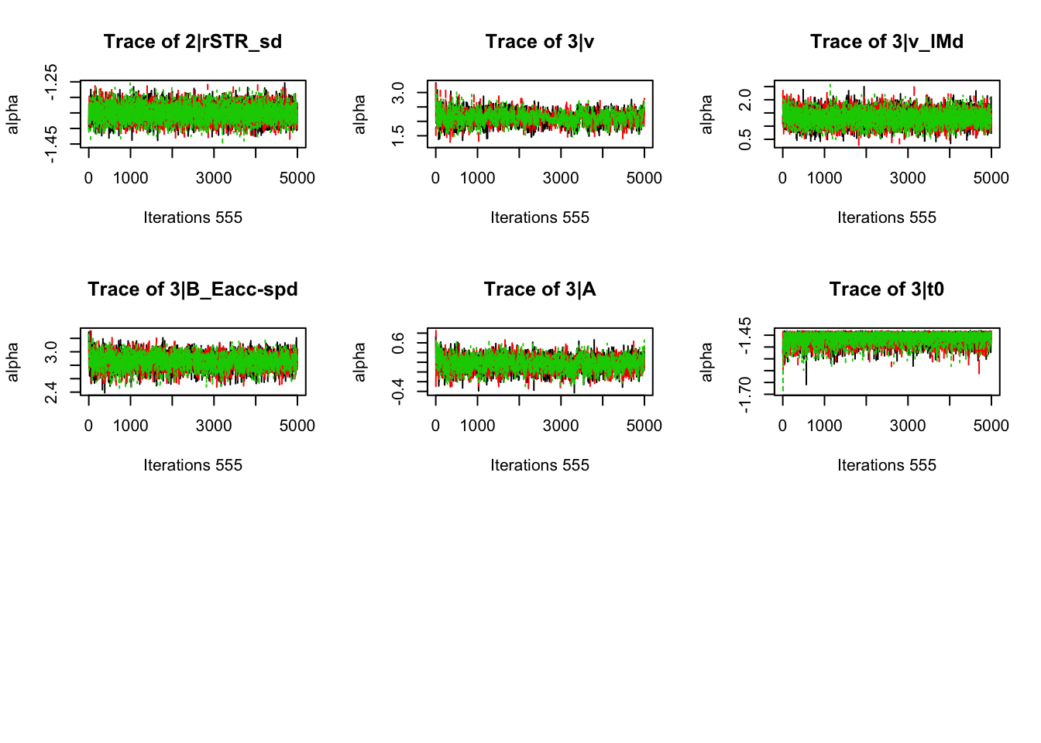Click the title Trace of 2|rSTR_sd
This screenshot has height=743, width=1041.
coord(193,42)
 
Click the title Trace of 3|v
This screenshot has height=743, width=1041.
coord(540,42)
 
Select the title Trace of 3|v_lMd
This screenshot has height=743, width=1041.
coord(887,42)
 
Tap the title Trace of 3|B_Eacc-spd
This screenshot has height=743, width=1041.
coord(193,289)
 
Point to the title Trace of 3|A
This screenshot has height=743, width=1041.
coord(540,289)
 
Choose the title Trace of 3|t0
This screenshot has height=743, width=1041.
coord(887,289)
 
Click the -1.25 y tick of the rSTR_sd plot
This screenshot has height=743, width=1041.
coord(51,82)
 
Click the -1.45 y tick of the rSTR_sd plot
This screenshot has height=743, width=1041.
coord(51,145)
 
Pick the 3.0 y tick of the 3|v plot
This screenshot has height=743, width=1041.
coord(398,93)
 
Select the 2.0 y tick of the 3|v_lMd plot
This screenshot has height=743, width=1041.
coord(745,99)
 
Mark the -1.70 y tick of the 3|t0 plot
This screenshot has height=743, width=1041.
coord(745,395)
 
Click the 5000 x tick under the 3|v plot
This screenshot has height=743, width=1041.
coord(644,178)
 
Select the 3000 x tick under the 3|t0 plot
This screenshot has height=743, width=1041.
coord(908,426)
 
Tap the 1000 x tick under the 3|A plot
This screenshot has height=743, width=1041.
coord(477,426)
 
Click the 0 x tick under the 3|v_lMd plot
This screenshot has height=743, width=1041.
coord(782,178)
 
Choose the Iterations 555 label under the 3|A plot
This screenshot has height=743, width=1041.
coord(540,465)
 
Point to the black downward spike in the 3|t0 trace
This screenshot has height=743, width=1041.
coord(806,379)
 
